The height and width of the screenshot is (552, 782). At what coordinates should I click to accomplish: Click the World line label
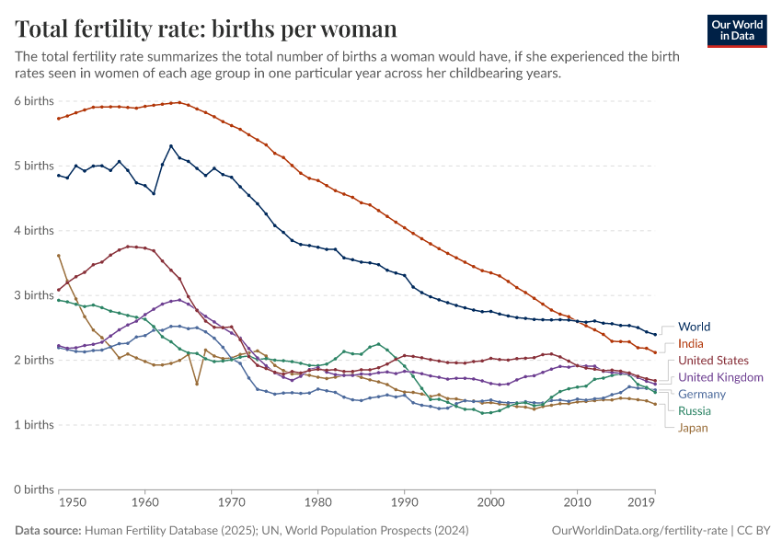pos(694,327)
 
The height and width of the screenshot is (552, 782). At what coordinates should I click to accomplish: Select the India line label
pos(692,343)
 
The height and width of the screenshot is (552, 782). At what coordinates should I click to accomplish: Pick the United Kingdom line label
pos(720,377)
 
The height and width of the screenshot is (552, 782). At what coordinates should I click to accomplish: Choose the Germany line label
pos(702,394)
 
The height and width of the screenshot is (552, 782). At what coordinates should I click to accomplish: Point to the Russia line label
pos(696,410)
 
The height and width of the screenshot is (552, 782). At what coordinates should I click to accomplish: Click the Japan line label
pos(694,427)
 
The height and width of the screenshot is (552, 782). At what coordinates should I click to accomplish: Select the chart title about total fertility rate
pos(206,29)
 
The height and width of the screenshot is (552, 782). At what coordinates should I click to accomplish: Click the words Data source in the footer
pos(48,531)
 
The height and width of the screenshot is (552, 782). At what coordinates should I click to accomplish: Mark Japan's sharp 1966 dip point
pos(197,384)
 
